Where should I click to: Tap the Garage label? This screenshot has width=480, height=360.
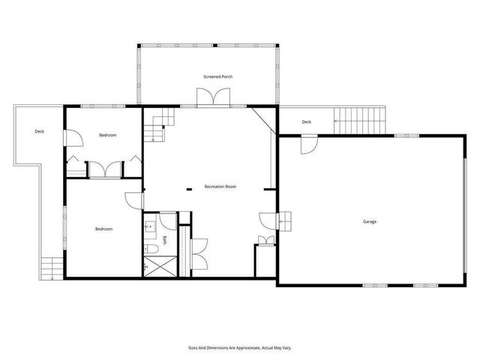pyautogui.click(x=370, y=222)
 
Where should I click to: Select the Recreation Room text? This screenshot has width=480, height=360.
pyautogui.click(x=220, y=186)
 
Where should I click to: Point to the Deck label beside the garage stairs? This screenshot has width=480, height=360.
pyautogui.click(x=306, y=122)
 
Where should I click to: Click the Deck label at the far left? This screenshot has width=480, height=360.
pyautogui.click(x=39, y=132)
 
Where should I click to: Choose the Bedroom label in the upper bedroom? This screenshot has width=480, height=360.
pyautogui.click(x=108, y=136)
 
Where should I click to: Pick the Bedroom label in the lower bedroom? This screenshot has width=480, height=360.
pyautogui.click(x=103, y=229)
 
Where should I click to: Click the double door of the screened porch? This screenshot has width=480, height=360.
pyautogui.click(x=213, y=98)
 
